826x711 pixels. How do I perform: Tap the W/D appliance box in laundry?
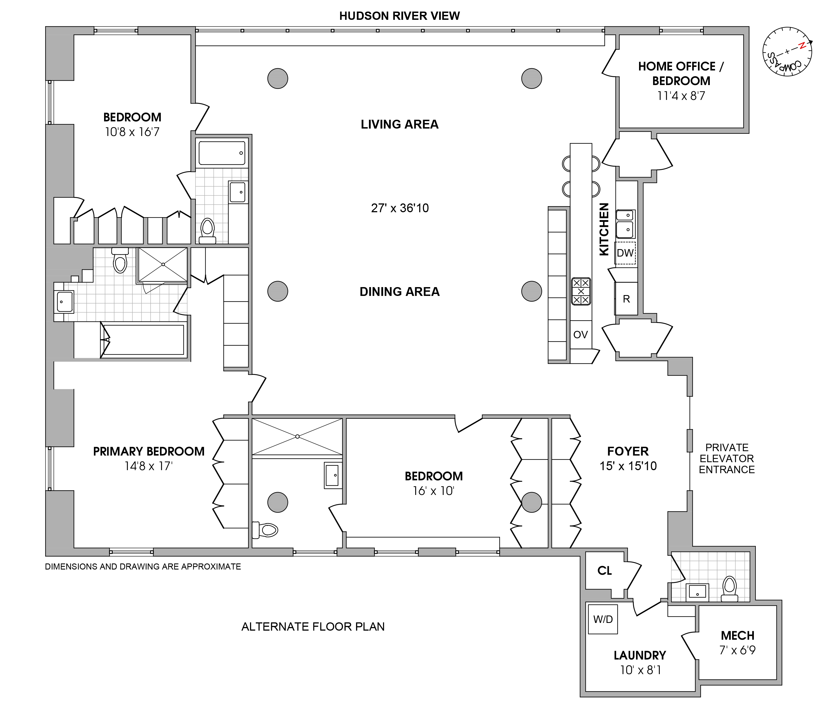(603, 619)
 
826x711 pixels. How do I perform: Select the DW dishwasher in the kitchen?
(625, 253)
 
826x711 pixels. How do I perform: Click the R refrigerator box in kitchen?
(626, 299)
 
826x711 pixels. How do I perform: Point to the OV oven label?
(580, 335)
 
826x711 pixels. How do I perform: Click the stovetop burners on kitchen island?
(581, 291)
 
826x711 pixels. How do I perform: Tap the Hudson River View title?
(400, 16)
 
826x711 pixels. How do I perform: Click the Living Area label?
(400, 124)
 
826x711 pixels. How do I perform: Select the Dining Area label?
(400, 292)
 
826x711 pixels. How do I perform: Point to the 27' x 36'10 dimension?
(400, 208)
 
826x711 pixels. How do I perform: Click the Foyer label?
(628, 451)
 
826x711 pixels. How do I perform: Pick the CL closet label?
(604, 571)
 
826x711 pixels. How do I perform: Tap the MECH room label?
(738, 635)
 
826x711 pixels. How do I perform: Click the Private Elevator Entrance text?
(727, 458)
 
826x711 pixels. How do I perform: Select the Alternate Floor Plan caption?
(313, 626)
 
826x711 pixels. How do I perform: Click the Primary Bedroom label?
(149, 451)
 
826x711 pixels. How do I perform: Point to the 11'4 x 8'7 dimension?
(681, 96)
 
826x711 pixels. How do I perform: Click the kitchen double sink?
(625, 224)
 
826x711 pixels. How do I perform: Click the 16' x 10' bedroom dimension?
(433, 491)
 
